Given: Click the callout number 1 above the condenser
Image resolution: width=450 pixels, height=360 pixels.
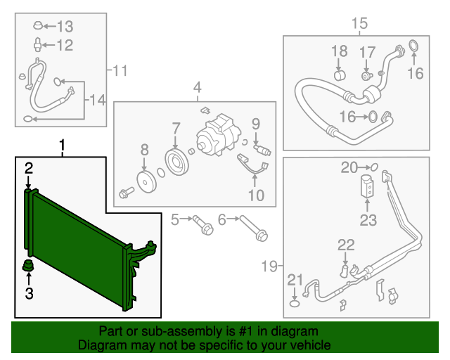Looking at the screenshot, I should tap(63, 146).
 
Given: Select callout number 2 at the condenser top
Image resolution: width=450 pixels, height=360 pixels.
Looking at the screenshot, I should tap(30, 167).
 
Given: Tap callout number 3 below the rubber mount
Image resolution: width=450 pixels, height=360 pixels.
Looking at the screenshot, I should tap(30, 293).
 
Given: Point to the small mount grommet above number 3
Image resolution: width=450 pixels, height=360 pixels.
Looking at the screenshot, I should tap(30, 267).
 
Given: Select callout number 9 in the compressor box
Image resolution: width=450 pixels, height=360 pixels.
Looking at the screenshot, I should tap(256, 123).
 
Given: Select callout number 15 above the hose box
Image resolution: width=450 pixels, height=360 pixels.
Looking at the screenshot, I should tap(359, 25).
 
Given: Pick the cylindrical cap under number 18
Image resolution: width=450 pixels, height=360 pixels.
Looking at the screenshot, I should tap(340, 76).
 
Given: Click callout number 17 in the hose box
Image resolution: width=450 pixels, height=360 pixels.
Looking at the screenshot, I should tap(368, 52).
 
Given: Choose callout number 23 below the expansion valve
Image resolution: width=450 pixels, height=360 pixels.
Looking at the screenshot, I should tap(368, 221).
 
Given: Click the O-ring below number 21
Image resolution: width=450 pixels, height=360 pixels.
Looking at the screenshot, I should tap(295, 303).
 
